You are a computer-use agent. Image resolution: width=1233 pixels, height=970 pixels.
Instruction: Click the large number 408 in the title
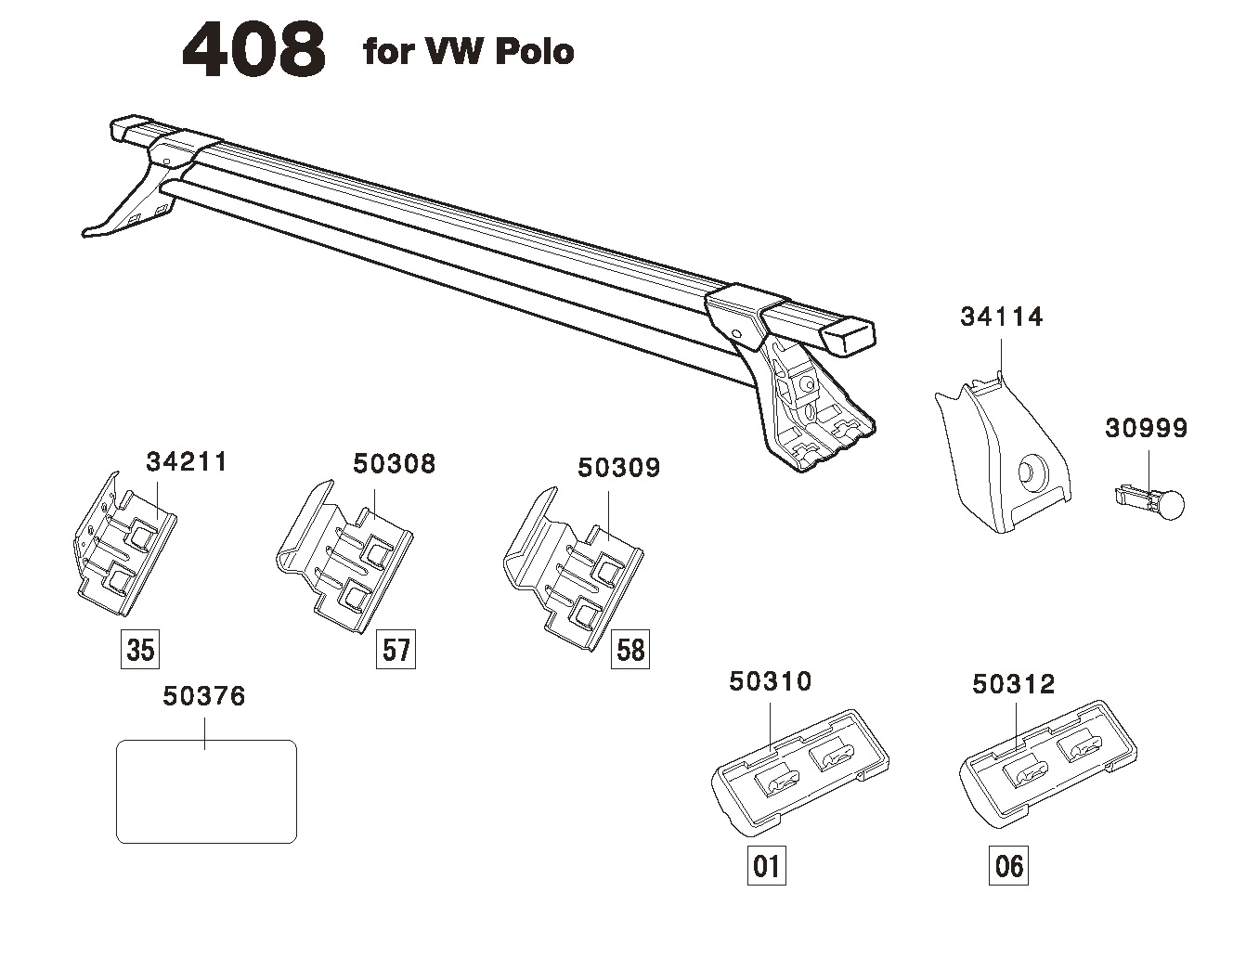[253, 51]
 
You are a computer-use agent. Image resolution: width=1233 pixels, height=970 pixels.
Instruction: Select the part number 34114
[1001, 317]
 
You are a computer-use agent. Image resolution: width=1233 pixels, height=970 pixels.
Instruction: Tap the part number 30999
[1146, 429]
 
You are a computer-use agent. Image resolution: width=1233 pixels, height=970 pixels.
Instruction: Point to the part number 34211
[187, 462]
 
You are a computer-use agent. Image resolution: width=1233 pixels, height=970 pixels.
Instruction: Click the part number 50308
[394, 464]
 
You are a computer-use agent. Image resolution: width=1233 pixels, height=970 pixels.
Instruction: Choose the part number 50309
[618, 468]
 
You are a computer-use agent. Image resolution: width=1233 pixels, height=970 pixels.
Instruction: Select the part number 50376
[204, 696]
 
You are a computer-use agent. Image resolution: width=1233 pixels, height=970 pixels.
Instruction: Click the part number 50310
[770, 682]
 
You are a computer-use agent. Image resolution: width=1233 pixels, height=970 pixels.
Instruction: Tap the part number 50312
[1013, 685]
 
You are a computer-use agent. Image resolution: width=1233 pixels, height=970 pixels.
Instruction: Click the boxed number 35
[140, 650]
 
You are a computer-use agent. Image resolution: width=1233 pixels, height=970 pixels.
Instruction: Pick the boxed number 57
[396, 650]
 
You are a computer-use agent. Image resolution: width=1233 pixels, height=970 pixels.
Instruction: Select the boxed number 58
[630, 650]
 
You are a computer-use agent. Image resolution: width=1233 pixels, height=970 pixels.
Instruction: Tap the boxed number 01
[767, 866]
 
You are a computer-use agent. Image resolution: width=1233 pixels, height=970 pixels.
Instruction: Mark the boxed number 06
[1008, 866]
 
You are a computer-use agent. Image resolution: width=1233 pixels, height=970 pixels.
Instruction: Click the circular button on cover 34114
[1031, 472]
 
